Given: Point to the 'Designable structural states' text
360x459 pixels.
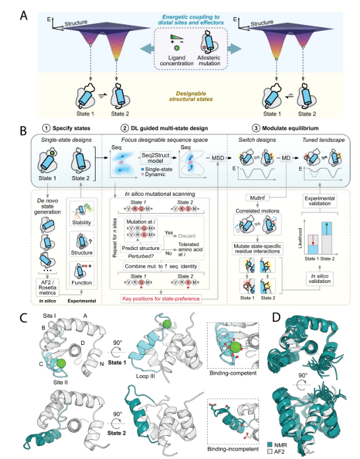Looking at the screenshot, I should click(x=179, y=95).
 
